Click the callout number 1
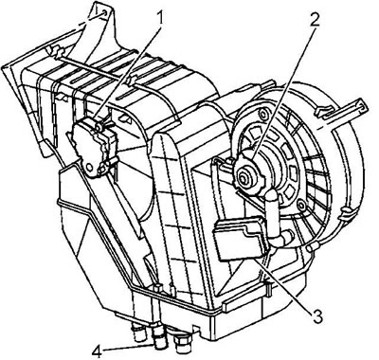tap(160, 19)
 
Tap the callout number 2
tap(315, 21)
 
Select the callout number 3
tap(316, 315)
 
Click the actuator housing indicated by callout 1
tap(94, 146)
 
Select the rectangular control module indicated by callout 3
tap(240, 238)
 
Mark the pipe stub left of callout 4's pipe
tap(139, 333)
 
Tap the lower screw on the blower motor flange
tap(302, 206)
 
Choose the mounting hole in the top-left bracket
tap(103, 13)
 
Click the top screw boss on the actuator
tap(99, 127)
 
